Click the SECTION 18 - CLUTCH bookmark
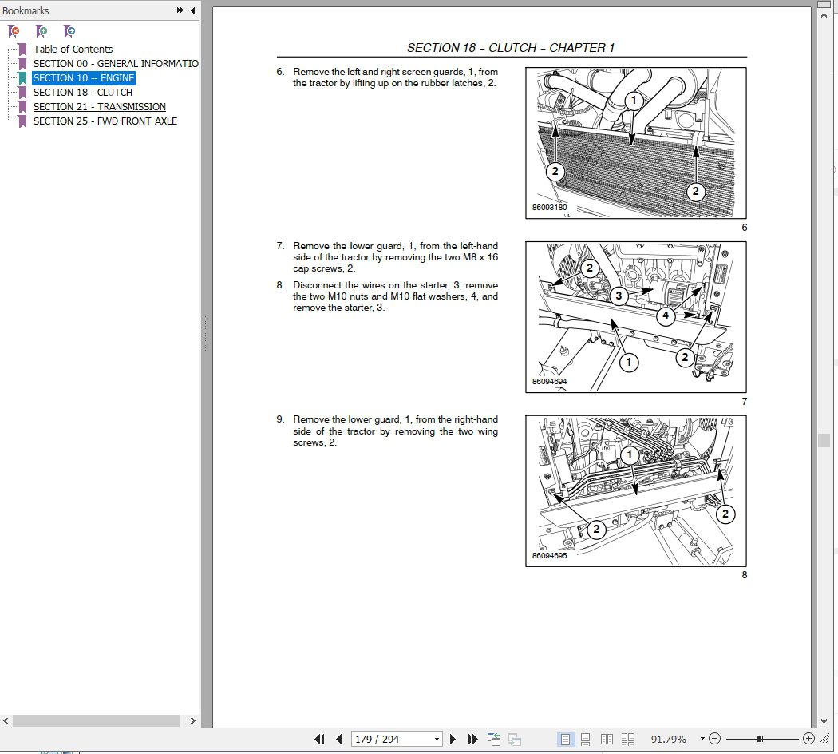(82, 93)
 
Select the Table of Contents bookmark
(73, 49)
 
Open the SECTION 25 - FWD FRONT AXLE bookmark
(105, 121)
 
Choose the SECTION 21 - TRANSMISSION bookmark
(99, 107)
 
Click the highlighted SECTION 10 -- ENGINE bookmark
(83, 78)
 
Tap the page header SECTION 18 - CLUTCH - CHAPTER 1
(511, 48)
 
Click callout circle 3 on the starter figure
(619, 296)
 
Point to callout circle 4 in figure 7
(666, 315)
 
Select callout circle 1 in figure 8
(629, 455)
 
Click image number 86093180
(549, 208)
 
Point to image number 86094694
(549, 382)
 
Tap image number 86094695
(549, 556)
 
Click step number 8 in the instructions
(280, 285)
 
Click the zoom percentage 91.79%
(669, 739)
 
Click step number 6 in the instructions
(280, 72)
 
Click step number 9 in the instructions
(280, 419)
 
